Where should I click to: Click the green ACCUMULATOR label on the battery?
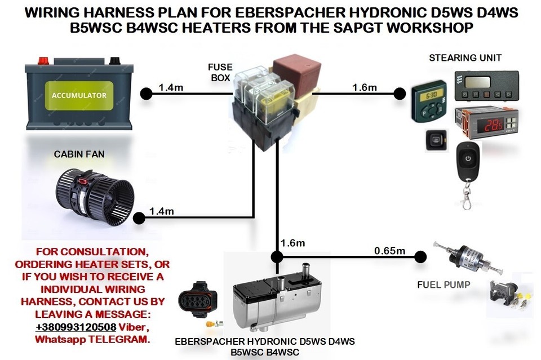(79, 95)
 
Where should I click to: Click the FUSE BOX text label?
(220, 72)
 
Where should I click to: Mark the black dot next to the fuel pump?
(420, 257)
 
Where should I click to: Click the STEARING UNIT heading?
(465, 58)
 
